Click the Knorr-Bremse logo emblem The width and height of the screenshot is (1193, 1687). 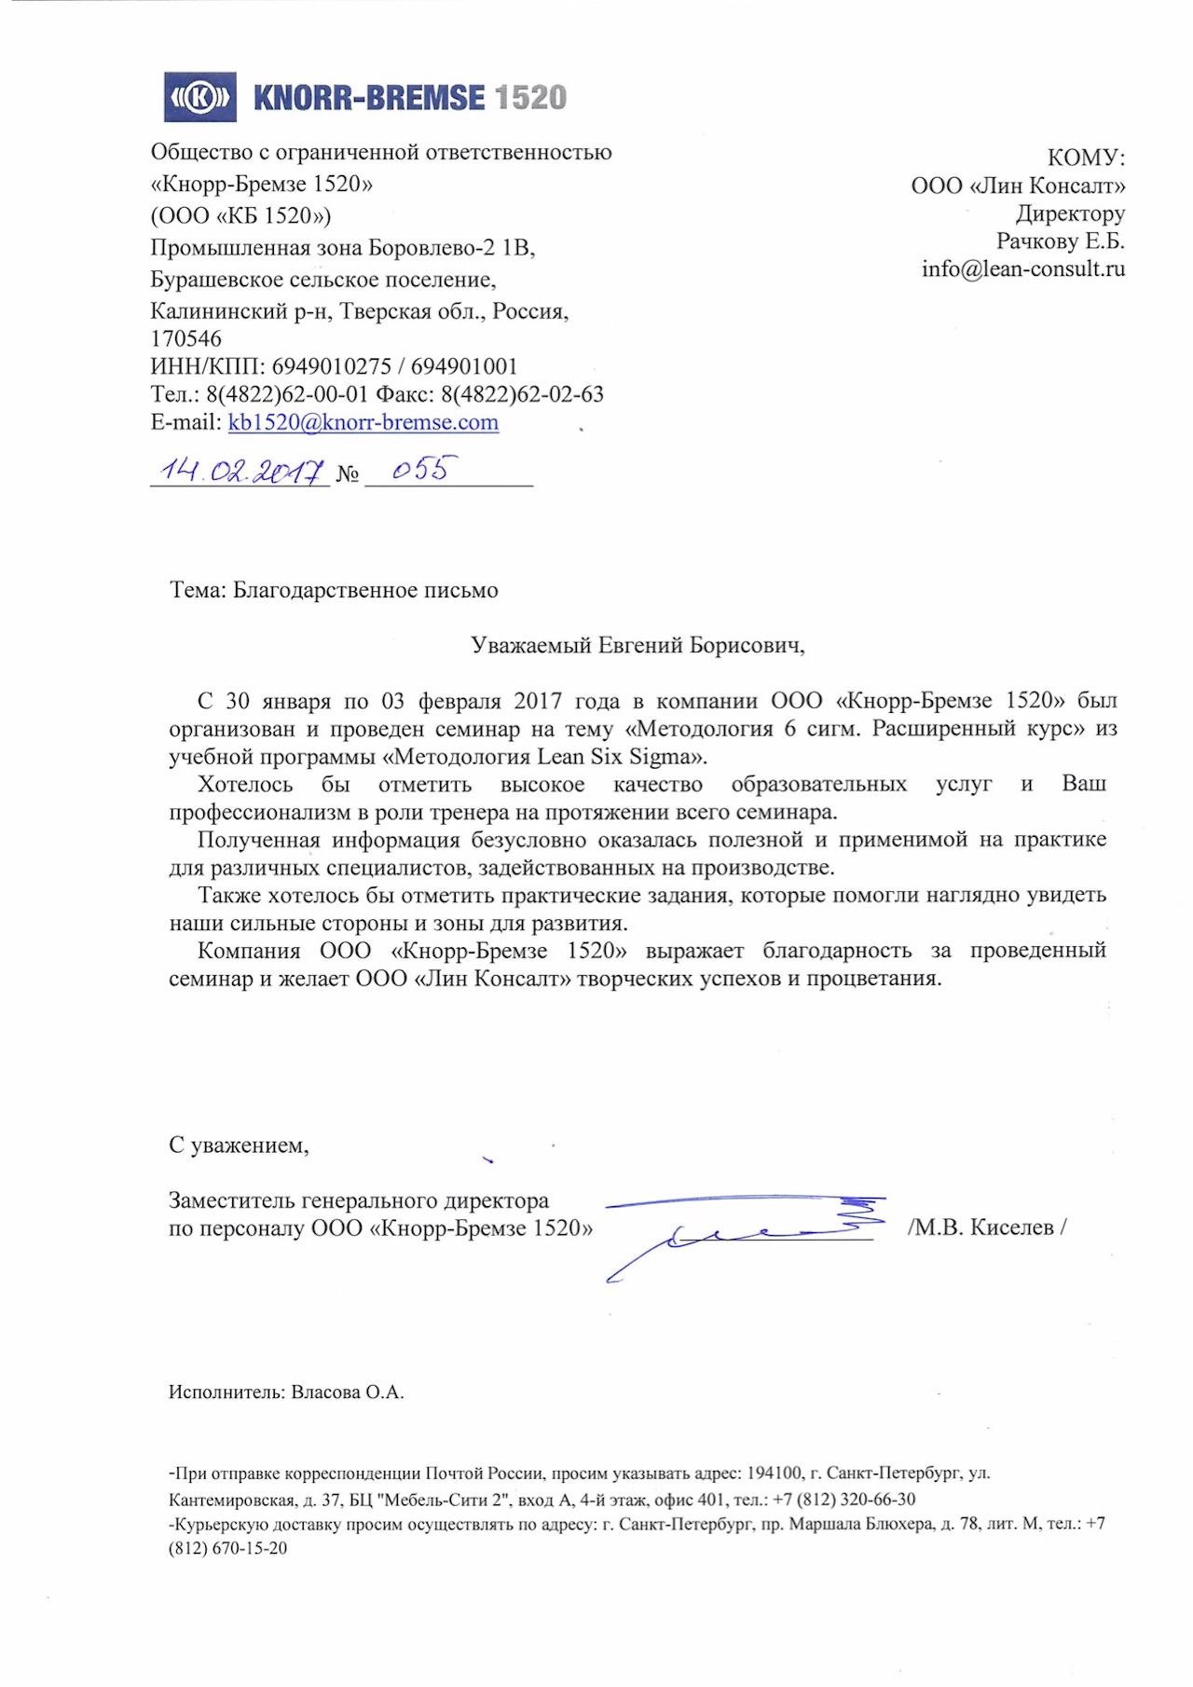tap(199, 97)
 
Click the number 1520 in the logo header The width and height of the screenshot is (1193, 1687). tap(529, 98)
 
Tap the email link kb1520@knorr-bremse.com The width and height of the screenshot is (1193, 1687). tap(363, 422)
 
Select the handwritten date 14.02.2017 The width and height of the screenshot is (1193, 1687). tap(240, 471)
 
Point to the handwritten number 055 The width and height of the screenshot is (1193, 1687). tap(418, 469)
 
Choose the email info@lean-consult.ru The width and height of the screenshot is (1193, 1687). tap(1022, 269)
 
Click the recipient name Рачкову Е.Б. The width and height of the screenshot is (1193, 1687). tap(1060, 241)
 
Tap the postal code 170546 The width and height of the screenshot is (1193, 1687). tap(186, 339)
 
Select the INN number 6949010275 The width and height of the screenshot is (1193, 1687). tap(331, 367)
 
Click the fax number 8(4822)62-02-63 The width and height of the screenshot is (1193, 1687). tap(522, 394)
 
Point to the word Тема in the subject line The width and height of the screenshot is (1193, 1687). tap(197, 590)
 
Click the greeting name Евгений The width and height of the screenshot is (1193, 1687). tap(640, 645)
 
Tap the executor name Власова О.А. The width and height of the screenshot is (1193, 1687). tap(347, 1392)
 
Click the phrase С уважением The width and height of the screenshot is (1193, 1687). tap(238, 1145)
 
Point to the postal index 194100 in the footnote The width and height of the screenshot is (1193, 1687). tap(774, 1474)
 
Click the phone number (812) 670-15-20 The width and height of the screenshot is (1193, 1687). tap(228, 1548)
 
